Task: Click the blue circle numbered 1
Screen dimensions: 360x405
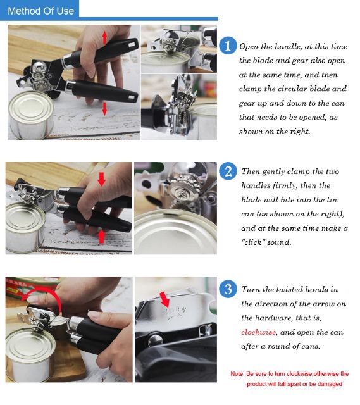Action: click(x=228, y=46)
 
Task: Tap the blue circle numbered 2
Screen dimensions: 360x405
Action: click(x=228, y=171)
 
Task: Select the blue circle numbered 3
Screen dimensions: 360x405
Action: click(x=228, y=289)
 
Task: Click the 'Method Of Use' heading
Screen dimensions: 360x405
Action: click(x=40, y=11)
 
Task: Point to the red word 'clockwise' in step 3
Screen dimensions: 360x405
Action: click(x=258, y=332)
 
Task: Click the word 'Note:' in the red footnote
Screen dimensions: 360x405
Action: click(x=237, y=374)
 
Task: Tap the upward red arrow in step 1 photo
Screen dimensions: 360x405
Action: click(x=104, y=37)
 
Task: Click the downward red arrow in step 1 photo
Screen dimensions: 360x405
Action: click(x=104, y=108)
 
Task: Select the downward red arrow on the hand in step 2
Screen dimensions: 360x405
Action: click(x=101, y=179)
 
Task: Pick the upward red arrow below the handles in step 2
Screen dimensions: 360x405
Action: click(x=102, y=237)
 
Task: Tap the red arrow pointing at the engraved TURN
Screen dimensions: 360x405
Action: click(x=164, y=299)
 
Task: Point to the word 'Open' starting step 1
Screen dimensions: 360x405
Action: click(x=249, y=47)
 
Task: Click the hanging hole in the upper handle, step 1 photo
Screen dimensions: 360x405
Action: click(x=132, y=45)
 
